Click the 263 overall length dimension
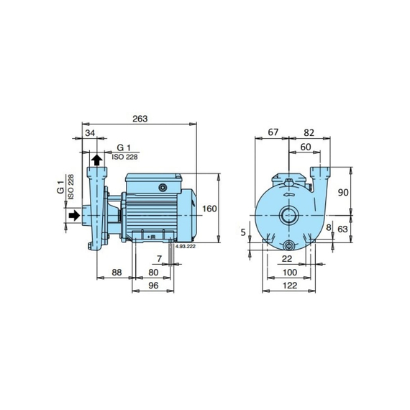140,119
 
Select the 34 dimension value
90,133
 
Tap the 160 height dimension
210,209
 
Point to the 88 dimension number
117,273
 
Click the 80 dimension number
153,273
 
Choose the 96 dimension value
153,286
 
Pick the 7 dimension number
160,259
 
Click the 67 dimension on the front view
273,132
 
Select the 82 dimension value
309,133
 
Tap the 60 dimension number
306,147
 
